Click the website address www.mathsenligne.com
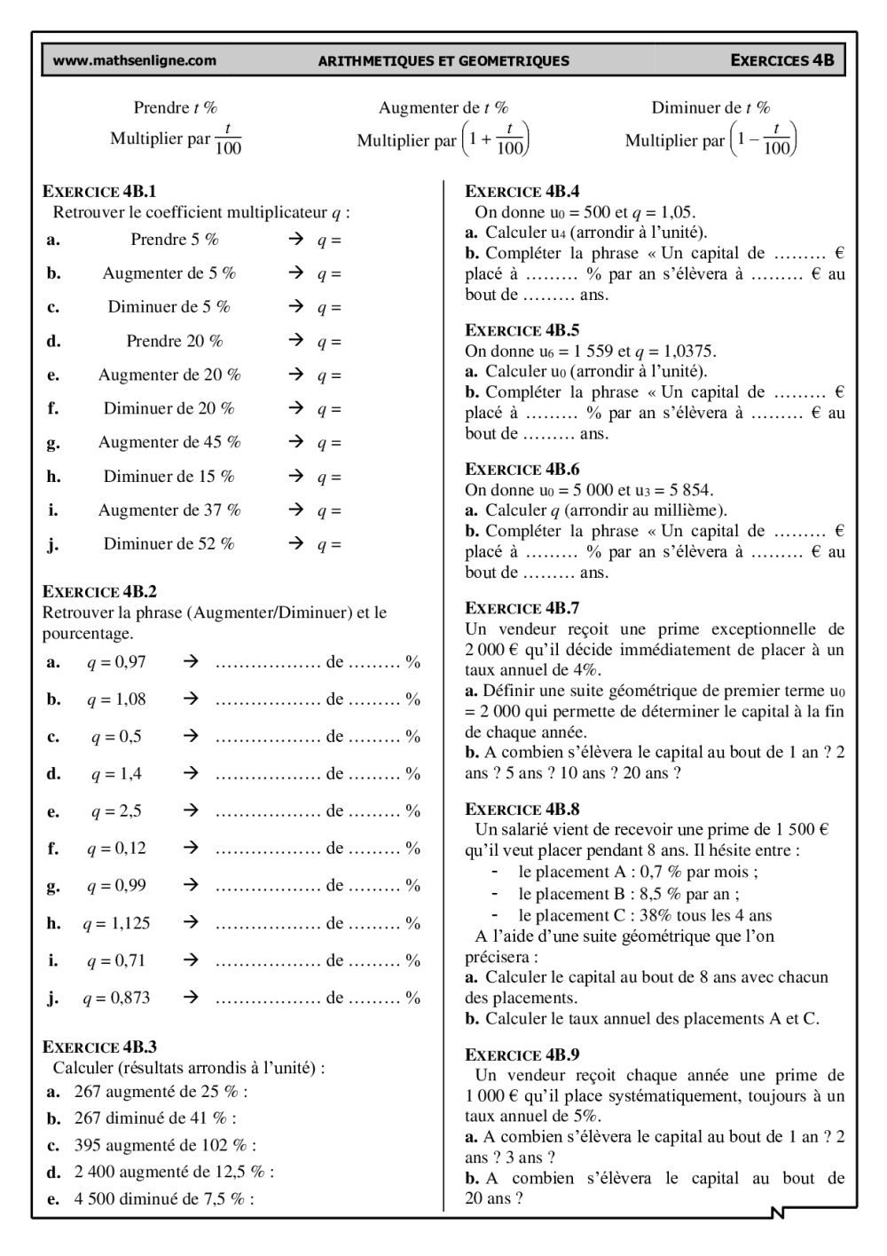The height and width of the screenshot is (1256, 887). coord(135,61)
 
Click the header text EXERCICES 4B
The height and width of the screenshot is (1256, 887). coord(782,61)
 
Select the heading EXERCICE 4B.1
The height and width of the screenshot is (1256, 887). coord(99,191)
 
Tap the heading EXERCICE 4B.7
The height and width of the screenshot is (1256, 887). coord(522,608)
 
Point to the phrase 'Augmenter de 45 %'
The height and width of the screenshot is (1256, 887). coord(169,442)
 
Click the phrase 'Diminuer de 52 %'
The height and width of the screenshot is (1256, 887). coord(169,544)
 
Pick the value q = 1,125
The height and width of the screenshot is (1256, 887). coord(116,923)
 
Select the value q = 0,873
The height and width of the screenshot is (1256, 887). coord(116,998)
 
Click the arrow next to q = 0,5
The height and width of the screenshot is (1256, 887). coord(190,737)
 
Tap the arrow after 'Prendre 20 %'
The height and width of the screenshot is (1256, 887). coord(296,341)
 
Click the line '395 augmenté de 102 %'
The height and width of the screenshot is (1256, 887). coord(165,1145)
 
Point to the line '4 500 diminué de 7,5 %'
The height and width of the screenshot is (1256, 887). coord(164,1199)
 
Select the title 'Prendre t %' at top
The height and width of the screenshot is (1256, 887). coord(176,108)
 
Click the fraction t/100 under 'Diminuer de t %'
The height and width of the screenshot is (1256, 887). coord(776,139)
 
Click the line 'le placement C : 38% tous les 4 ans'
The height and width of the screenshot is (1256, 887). coord(645,915)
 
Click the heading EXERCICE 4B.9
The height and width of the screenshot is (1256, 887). coord(522,1055)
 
